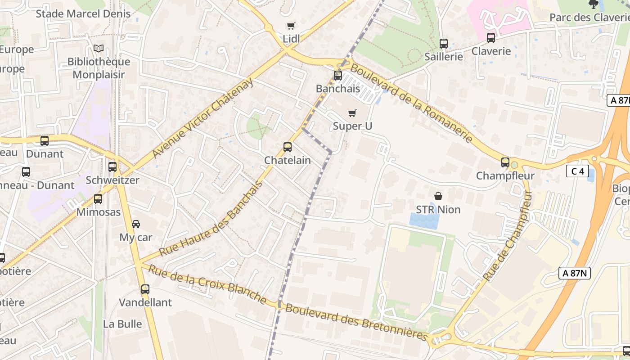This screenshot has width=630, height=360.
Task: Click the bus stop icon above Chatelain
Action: coord(287,147)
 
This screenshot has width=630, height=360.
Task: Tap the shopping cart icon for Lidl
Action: coord(291,26)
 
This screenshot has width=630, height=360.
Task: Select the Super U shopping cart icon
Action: coord(352,113)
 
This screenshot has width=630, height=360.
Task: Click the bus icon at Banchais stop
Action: coord(337,76)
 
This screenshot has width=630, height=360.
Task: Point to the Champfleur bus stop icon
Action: coord(505,162)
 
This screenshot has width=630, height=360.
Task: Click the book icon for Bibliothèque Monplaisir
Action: coord(99,48)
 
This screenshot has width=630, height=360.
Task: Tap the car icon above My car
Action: coord(135,224)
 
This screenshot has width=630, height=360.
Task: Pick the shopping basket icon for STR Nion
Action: coord(438,196)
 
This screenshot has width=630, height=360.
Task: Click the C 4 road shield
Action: coord(577,171)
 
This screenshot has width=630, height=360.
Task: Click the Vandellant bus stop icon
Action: coord(145,289)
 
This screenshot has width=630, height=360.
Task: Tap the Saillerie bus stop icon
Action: coord(443,44)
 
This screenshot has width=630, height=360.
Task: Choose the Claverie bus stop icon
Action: coord(490,38)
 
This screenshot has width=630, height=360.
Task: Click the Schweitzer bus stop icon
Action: coord(112,167)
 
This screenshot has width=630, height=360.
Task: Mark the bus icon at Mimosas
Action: coord(98,199)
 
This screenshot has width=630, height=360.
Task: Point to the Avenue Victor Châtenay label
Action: coord(202,118)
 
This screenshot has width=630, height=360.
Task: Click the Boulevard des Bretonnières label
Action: coord(356,322)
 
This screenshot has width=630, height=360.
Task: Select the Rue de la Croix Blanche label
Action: coord(207,283)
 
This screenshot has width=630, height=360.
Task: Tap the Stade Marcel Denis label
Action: coord(83,13)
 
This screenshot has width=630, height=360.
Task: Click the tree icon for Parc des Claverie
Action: coord(593,4)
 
